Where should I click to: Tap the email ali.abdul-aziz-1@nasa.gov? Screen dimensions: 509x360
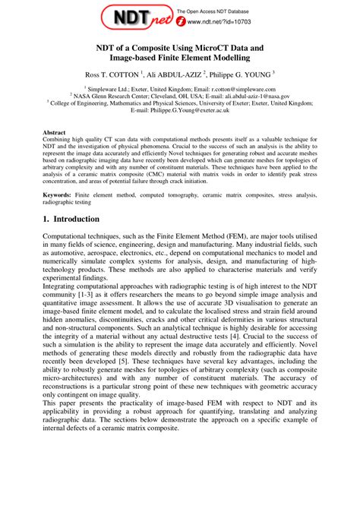click(x=247, y=96)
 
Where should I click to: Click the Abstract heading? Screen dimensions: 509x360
click(x=55, y=131)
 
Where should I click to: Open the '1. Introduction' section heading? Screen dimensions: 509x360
click(x=71, y=219)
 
